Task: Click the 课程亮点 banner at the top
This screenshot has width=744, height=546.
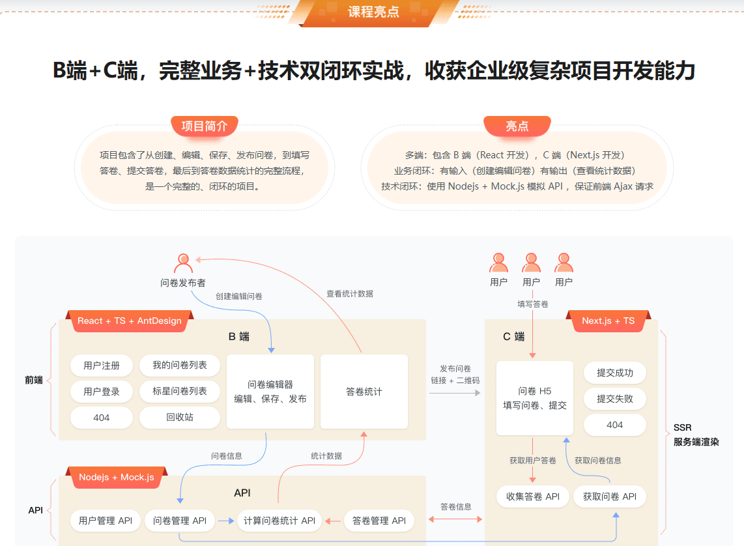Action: tap(374, 12)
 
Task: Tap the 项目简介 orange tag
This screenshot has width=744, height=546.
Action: tap(205, 126)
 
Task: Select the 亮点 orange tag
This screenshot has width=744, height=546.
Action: tap(517, 126)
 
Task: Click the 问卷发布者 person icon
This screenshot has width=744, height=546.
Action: tap(183, 263)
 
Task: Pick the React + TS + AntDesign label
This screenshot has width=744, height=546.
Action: tap(130, 321)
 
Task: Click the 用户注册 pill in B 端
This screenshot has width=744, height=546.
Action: tap(102, 366)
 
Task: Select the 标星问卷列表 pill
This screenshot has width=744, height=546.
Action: tap(180, 391)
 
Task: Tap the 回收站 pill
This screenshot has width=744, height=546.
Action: tap(180, 417)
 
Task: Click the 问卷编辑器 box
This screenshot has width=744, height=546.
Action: tap(270, 392)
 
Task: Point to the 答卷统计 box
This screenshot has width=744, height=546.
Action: tap(364, 392)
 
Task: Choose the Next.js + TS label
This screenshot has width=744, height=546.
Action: tap(608, 321)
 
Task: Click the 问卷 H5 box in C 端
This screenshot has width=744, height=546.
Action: tap(535, 398)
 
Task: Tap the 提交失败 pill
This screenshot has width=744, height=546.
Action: tap(615, 399)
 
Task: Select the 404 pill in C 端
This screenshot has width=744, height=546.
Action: tap(615, 425)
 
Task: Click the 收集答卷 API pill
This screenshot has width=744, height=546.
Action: tap(533, 496)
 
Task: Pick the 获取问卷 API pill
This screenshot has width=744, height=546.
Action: tap(610, 496)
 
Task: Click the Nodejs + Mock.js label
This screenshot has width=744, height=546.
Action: tap(117, 477)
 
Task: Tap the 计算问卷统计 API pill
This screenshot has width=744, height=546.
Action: tap(279, 521)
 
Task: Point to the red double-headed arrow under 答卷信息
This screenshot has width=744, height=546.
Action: tap(455, 519)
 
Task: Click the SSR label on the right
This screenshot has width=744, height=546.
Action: tap(682, 427)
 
